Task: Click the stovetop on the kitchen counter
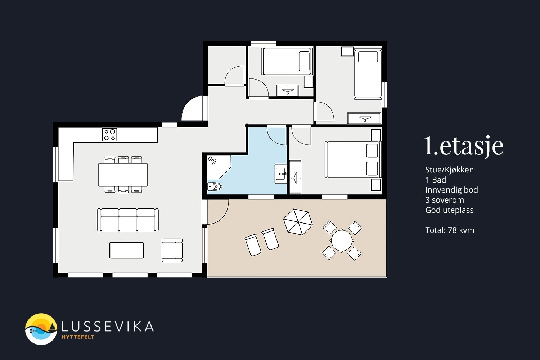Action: (109, 135)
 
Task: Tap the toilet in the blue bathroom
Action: (215, 186)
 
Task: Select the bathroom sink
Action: (281, 174)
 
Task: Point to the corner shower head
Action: (212, 160)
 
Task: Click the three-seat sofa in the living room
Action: (128, 220)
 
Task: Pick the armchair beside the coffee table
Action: (172, 250)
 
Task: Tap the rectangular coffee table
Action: (127, 250)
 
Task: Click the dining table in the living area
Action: (123, 175)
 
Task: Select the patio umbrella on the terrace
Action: (298, 222)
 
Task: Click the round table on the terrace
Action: (342, 240)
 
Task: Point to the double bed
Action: (353, 159)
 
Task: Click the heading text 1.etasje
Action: (464, 146)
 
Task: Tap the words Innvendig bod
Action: (451, 190)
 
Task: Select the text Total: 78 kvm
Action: (450, 230)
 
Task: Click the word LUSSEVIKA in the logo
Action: (108, 327)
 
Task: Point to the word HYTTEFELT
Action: (78, 337)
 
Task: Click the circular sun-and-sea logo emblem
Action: (41, 329)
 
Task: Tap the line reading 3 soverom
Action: (445, 200)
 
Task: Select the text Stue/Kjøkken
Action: (449, 170)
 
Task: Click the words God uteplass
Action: (449, 210)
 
